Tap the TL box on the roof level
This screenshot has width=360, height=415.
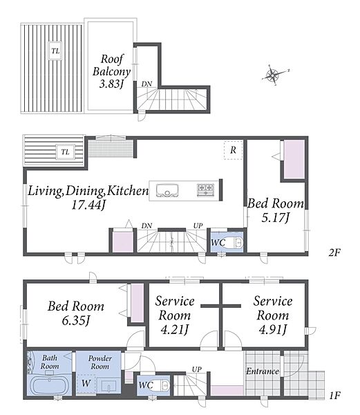tap(55, 50)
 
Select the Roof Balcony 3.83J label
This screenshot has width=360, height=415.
tap(112, 71)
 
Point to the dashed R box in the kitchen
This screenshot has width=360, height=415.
tap(233, 150)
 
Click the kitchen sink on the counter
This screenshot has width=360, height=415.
tap(167, 191)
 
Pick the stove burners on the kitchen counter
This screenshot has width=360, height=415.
tap(205, 190)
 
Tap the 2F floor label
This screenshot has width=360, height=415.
tap(334, 252)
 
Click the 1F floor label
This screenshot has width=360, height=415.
tap(334, 396)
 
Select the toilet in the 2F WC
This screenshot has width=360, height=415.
tap(235, 243)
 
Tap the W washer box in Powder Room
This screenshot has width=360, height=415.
tap(86, 383)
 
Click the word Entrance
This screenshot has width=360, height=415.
tap(263, 371)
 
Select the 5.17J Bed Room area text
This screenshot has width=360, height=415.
tap(276, 218)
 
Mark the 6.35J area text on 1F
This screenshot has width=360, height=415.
tap(76, 320)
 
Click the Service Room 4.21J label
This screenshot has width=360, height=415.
tap(175, 315)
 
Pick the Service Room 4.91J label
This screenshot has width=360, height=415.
tap(273, 315)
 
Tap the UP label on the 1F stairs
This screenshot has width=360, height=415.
tap(197, 369)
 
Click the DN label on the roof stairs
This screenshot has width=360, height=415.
tap(146, 84)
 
